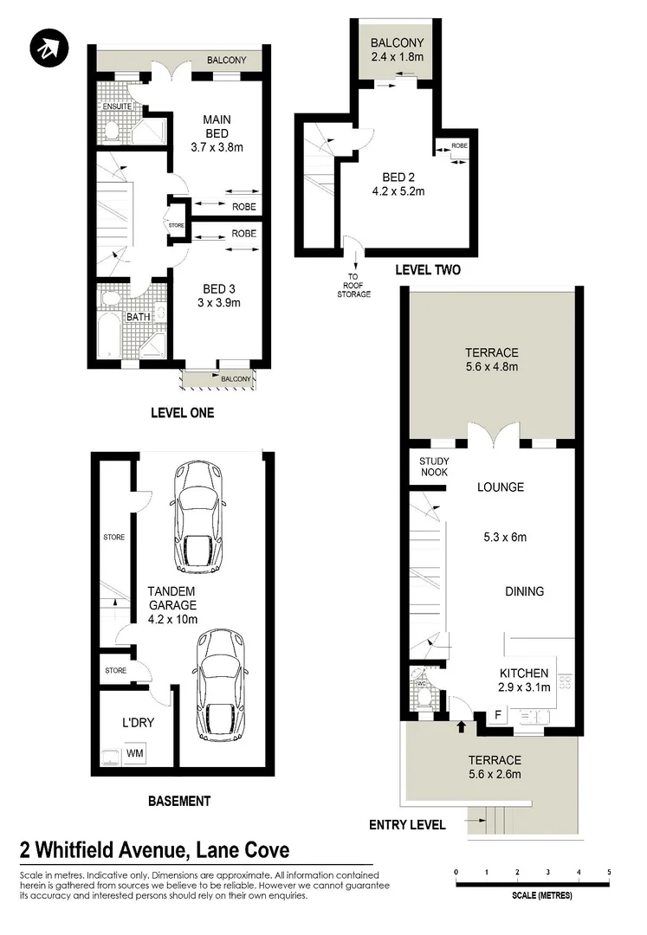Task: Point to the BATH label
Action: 139,317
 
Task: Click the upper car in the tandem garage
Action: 200,518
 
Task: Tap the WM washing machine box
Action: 135,753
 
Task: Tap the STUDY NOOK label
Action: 433,467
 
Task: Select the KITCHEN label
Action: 523,673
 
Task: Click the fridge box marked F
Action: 497,715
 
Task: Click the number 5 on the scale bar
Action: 609,872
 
